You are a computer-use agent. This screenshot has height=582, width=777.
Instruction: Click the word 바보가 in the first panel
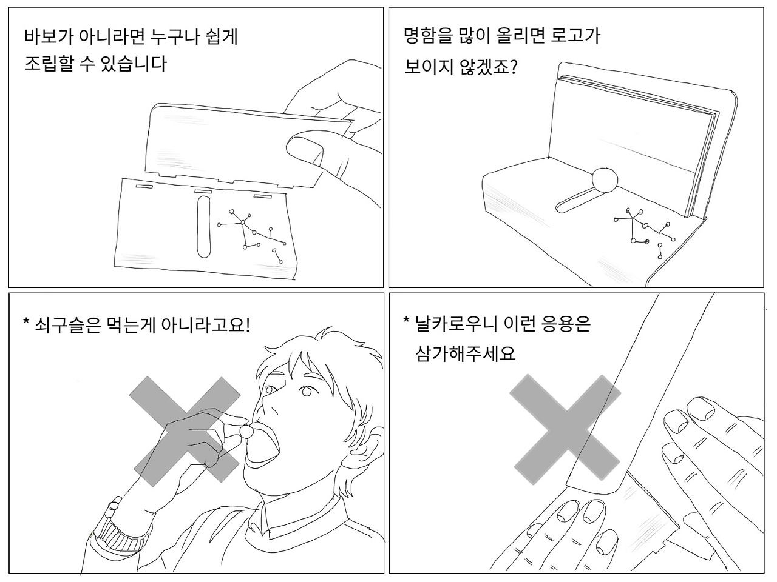point(49,36)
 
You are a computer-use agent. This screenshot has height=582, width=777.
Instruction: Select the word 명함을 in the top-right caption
point(428,36)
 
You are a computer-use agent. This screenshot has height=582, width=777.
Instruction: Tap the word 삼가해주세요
point(465,353)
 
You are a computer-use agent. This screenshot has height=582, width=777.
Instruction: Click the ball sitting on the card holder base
point(605,179)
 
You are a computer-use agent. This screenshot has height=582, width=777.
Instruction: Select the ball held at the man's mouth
point(246,431)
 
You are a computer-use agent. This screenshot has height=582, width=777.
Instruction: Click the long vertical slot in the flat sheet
point(203,227)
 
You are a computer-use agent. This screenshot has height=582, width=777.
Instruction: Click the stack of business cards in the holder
point(634,145)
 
